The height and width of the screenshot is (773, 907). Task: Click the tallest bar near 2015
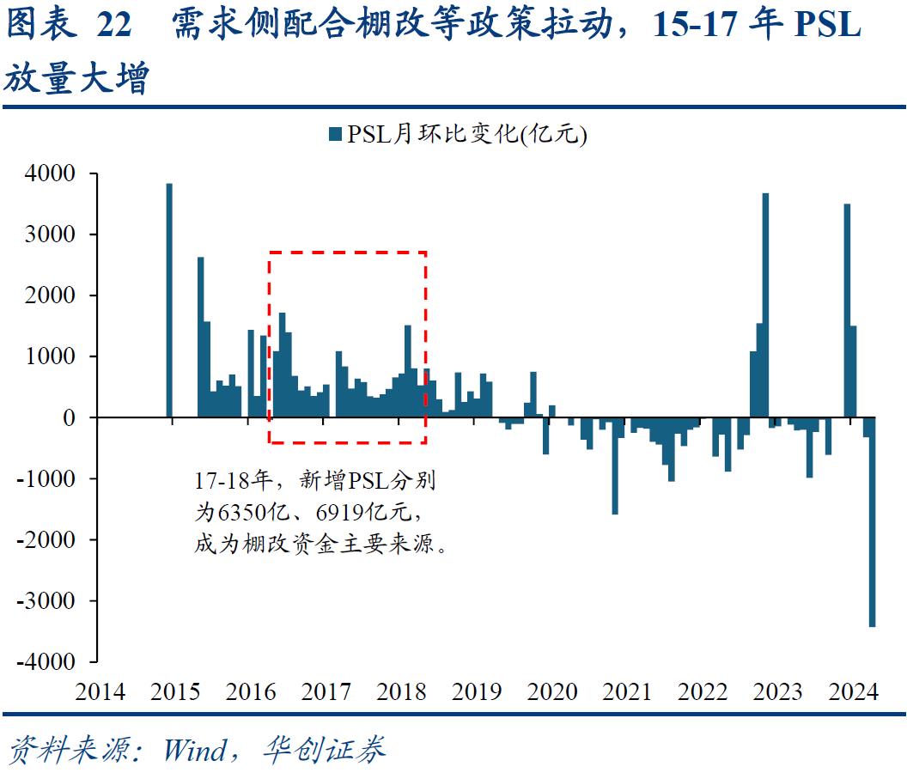(x=169, y=301)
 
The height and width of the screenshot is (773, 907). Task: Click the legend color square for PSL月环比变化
(x=334, y=134)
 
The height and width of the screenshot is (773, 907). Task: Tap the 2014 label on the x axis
(x=100, y=692)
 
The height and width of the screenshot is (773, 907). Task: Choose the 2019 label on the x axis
(x=476, y=692)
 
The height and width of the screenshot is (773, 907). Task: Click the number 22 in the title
(x=114, y=26)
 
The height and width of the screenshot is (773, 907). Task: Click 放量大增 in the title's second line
(x=76, y=79)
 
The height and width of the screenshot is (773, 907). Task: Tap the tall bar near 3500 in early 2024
(x=847, y=310)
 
